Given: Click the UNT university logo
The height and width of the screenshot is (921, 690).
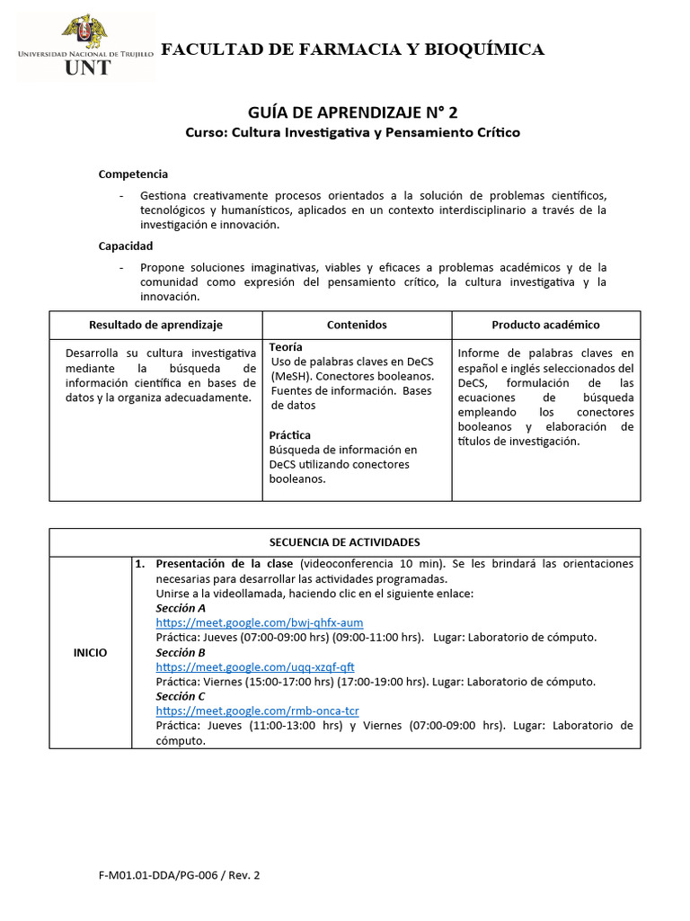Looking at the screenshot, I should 86,46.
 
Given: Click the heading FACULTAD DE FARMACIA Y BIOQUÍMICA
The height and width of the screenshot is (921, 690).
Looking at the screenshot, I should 352,49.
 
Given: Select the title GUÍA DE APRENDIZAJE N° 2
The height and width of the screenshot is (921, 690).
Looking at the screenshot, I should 352,112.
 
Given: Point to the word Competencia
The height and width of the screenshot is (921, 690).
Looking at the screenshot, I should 133,174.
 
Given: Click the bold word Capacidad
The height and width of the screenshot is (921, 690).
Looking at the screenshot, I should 126,246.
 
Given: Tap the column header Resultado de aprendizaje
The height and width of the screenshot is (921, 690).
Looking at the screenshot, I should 155,325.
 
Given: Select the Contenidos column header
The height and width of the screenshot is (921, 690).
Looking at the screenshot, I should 357,325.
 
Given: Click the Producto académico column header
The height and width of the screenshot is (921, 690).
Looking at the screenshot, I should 545,325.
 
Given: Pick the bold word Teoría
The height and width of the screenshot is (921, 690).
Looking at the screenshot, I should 286,347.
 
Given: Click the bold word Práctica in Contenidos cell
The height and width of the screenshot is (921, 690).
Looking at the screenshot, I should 289,435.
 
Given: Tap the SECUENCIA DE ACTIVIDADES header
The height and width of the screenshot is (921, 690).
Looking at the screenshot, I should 345,542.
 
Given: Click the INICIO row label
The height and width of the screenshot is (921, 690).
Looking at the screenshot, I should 90,652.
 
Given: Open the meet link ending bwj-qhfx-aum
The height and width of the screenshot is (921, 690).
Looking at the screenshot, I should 260,622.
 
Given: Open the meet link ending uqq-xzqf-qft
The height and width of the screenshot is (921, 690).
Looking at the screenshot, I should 255,666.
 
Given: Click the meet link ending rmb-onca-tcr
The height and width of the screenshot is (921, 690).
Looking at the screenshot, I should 257,711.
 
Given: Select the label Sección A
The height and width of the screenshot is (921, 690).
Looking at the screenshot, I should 181,608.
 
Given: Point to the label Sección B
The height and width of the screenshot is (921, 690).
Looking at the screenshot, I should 181,652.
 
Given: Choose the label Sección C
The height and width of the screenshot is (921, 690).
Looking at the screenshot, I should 181,696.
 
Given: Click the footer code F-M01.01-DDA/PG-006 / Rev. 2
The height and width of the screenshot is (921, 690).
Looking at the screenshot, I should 180,874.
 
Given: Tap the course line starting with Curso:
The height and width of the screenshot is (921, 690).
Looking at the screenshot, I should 352,132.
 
